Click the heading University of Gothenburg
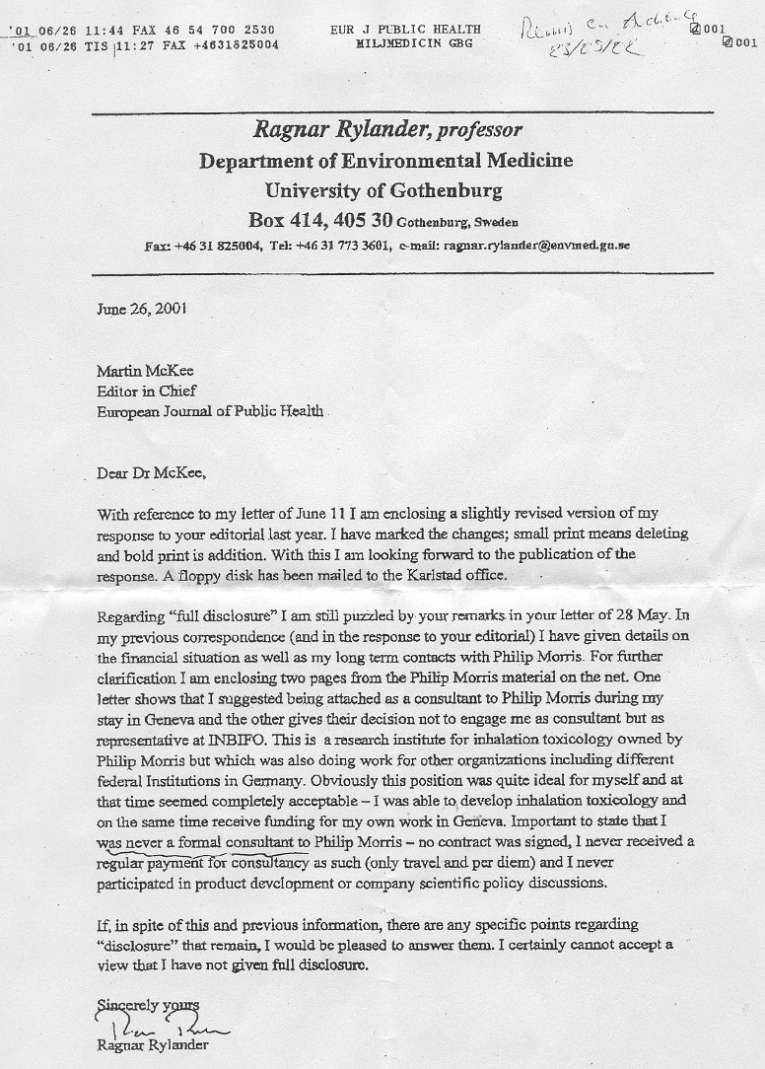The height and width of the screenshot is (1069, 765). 383,189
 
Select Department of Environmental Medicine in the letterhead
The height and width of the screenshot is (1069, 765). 385,160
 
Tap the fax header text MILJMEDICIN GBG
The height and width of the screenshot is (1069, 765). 406,44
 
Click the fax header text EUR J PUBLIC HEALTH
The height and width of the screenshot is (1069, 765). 406,30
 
